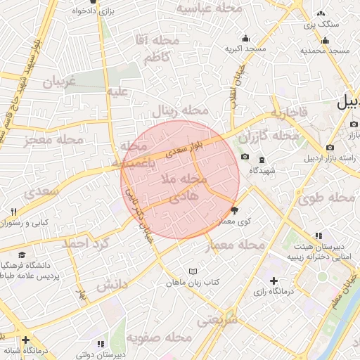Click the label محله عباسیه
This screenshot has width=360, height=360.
[x=209, y=8]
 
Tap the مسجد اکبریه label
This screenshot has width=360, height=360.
[x=245, y=49]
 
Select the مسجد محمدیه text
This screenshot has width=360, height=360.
[x=325, y=51]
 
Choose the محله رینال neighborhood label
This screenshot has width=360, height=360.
[x=182, y=111]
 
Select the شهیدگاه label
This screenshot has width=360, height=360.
[x=266, y=170]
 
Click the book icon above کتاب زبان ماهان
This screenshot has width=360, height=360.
[x=193, y=271]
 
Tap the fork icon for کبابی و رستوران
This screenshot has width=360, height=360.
[x=13, y=212]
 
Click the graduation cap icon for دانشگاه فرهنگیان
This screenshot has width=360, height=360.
[x=23, y=255]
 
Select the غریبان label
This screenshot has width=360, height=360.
[x=59, y=82]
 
